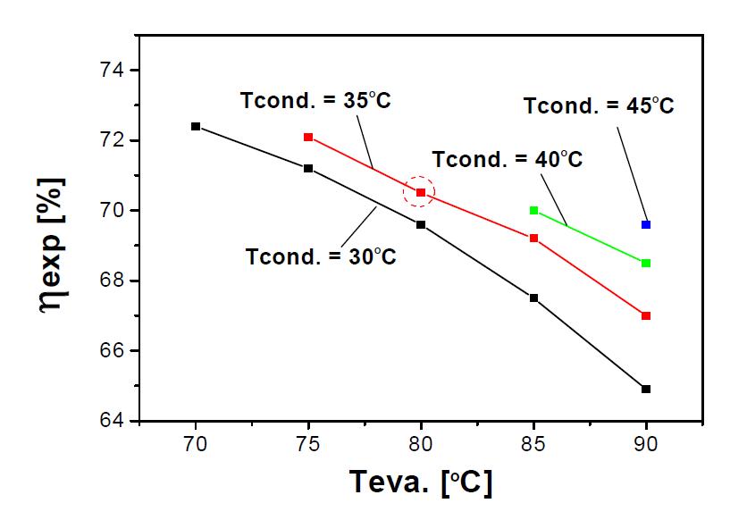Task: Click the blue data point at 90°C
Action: pyautogui.click(x=646, y=224)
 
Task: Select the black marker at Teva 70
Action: pyautogui.click(x=196, y=126)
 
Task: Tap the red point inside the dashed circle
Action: pyautogui.click(x=421, y=192)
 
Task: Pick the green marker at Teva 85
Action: pyautogui.click(x=533, y=210)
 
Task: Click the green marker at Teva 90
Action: pyautogui.click(x=646, y=263)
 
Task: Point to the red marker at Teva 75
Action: pyautogui.click(x=308, y=137)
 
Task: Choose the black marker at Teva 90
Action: pyautogui.click(x=646, y=389)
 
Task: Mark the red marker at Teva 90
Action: pyautogui.click(x=646, y=315)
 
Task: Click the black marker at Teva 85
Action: pyautogui.click(x=533, y=298)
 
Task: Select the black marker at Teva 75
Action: pyautogui.click(x=308, y=168)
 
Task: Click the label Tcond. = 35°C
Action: pyautogui.click(x=316, y=101)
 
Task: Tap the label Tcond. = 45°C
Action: pyautogui.click(x=599, y=106)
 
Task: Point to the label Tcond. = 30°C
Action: pyautogui.click(x=321, y=256)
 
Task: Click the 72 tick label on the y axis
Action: pyautogui.click(x=115, y=141)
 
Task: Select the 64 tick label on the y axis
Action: pyautogui.click(x=115, y=421)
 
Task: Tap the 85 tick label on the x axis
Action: pyautogui.click(x=533, y=442)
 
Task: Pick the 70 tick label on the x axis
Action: pyautogui.click(x=196, y=442)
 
